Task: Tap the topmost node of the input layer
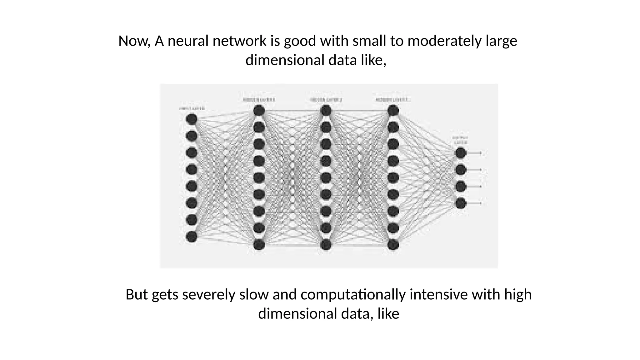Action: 192,119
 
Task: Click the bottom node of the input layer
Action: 192,237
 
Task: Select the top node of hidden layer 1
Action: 259,111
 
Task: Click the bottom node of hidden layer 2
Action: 326,245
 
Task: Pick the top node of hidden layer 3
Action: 393,111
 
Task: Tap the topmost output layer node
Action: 461,153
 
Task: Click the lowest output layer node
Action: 461,203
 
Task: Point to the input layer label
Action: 192,108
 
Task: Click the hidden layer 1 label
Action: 259,100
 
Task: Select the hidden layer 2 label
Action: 326,100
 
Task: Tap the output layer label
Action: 460,140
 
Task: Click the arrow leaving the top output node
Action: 475,153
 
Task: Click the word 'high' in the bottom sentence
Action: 518,294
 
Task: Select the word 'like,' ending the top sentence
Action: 373,60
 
